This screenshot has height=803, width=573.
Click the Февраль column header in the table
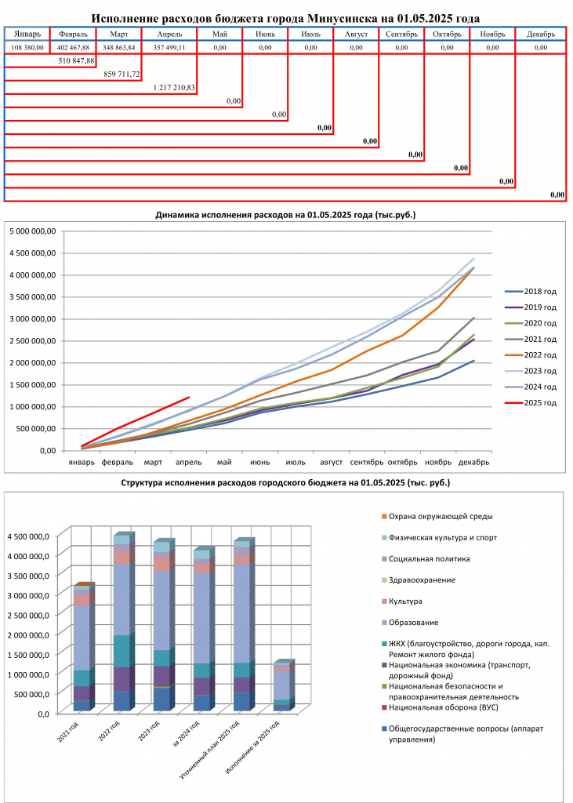click(x=73, y=35)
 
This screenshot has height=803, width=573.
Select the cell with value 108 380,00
click(x=27, y=48)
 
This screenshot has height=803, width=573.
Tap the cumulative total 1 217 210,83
click(x=174, y=88)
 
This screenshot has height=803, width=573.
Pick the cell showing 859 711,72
click(x=121, y=74)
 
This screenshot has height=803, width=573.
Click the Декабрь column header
click(x=541, y=35)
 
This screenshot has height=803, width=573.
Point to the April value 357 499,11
click(x=169, y=48)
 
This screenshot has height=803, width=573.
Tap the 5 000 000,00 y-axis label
click(x=32, y=231)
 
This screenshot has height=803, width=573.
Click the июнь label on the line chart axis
click(x=260, y=462)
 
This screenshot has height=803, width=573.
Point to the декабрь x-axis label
click(x=473, y=462)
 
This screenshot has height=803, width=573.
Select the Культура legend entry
click(x=401, y=601)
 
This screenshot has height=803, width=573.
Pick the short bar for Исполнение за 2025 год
click(x=282, y=686)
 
